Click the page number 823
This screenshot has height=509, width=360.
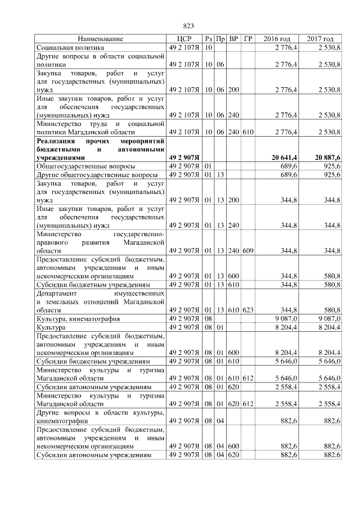(x=188, y=26)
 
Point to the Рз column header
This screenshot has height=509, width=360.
(x=208, y=39)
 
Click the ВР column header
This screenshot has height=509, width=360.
(x=235, y=39)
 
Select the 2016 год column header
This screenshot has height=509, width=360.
(x=277, y=39)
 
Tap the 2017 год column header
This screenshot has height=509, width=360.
(x=321, y=39)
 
